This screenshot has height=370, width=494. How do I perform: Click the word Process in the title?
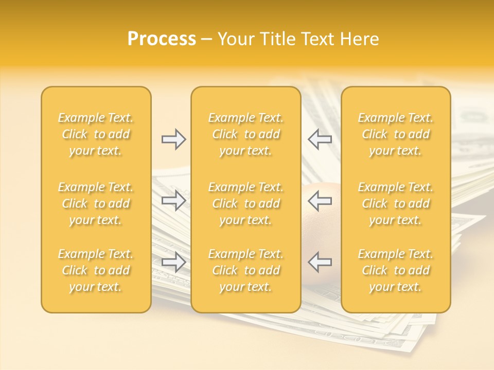pos(162,39)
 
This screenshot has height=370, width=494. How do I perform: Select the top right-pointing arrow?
pos(173,139)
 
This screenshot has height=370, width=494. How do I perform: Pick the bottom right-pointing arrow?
pos(173,262)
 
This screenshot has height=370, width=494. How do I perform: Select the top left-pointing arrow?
pos(320,139)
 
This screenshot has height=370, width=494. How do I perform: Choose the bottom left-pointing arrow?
pos(320,262)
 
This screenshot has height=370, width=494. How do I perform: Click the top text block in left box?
pos(96,134)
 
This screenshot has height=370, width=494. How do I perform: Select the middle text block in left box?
pos(96,203)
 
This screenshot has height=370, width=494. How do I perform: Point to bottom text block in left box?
pos(96,270)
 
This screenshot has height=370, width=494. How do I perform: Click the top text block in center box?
pos(246,134)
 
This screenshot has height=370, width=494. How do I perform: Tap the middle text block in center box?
pos(246,203)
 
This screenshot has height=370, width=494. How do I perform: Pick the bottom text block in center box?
pos(246,270)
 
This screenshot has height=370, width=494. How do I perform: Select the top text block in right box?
pos(396,134)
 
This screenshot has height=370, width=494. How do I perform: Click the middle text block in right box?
pos(396,203)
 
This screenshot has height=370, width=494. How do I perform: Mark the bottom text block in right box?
pos(396,270)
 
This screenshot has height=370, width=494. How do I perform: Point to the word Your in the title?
pos(234,39)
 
